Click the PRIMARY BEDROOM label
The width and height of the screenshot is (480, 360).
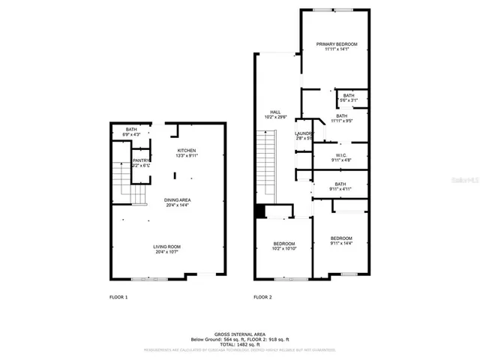[336, 44]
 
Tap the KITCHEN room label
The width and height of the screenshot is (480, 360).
[187, 151]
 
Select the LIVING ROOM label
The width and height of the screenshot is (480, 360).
[166, 247]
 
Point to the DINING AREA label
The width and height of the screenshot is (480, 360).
[178, 200]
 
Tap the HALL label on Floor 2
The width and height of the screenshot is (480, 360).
[275, 112]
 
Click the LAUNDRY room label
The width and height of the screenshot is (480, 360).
[303, 133]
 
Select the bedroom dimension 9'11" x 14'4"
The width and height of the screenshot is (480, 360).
[341, 243]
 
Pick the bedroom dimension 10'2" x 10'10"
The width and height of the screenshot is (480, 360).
[283, 248]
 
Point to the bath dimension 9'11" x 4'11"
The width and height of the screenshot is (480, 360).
[340, 189]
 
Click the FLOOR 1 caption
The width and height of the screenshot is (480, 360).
[118, 298]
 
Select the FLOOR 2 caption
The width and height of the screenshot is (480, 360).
[262, 298]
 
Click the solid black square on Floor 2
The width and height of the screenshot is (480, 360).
[259, 211]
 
